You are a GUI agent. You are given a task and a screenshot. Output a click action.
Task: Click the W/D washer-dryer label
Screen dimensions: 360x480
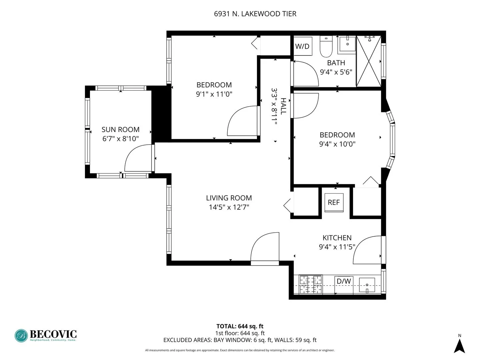click(302, 46)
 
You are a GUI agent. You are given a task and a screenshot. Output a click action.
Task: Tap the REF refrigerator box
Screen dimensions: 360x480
click(334, 202)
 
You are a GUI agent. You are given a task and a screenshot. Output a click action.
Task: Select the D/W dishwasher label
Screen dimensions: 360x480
click(344, 281)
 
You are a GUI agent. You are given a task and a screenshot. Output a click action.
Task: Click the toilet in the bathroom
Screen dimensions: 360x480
click(326, 46)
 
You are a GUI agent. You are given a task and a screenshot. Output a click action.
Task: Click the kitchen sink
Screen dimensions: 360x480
click(367, 285)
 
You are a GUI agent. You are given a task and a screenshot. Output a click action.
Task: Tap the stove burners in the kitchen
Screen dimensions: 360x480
click(311, 285)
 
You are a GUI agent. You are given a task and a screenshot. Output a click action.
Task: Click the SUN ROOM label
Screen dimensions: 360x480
click(120, 129)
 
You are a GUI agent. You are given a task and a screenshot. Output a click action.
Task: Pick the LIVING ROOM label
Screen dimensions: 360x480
click(229, 198)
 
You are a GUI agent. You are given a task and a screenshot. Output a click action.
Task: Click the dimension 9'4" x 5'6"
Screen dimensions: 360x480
click(336, 72)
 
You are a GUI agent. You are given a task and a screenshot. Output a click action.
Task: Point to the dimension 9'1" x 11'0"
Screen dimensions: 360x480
click(214, 94)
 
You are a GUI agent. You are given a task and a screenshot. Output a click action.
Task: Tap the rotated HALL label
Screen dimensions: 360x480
click(283, 106)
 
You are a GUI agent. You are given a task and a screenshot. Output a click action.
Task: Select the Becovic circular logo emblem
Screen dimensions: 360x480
click(21, 336)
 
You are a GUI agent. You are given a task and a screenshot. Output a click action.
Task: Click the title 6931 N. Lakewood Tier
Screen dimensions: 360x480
click(255, 14)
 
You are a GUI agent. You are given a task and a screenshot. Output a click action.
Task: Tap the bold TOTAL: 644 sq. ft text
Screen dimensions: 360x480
click(240, 326)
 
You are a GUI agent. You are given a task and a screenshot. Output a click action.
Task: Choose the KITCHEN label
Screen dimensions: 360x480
click(337, 238)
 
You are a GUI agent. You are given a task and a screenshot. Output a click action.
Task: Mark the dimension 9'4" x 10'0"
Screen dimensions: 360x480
click(337, 144)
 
